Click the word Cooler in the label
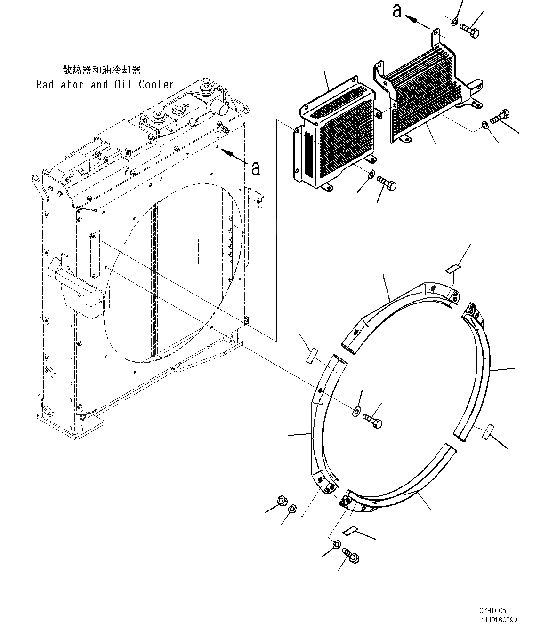click(156, 85)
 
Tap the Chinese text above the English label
click(102, 70)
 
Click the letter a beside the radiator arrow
click(256, 168)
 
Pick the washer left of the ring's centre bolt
click(355, 412)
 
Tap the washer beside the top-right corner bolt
click(454, 21)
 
